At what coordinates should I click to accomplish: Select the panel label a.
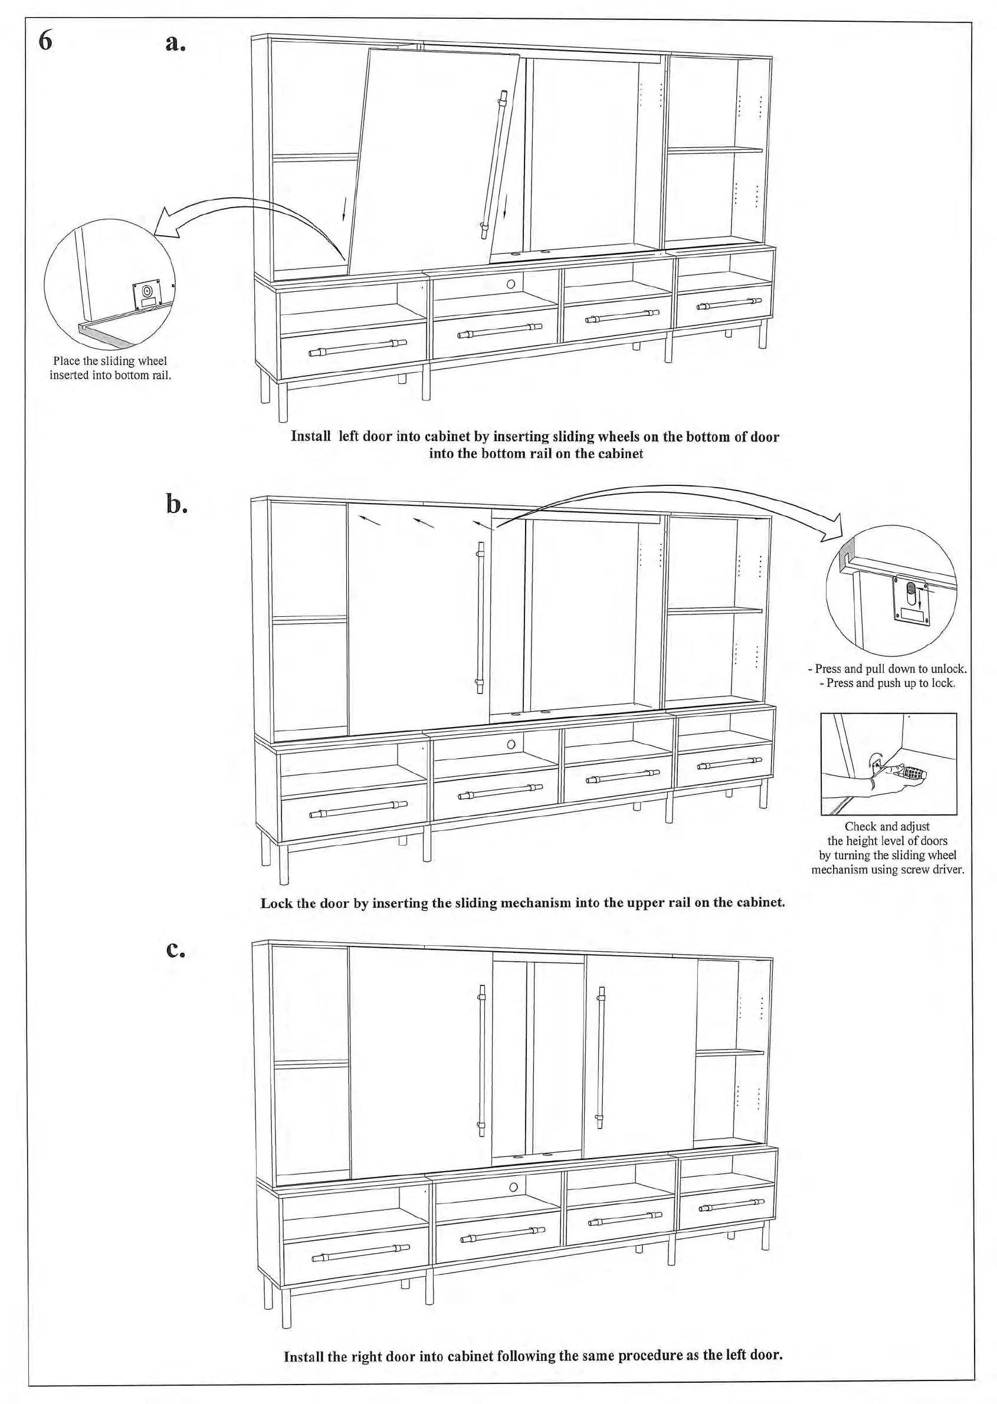coord(175,42)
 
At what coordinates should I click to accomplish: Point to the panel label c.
coord(176,949)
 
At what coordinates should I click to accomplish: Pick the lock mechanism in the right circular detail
coord(911,600)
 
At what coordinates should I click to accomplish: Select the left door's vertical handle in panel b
coord(480,617)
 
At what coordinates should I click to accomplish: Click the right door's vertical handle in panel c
coord(601,1057)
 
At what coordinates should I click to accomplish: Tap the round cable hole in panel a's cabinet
coord(511,284)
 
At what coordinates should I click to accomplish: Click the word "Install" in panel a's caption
coord(311,436)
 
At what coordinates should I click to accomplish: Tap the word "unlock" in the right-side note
coord(950,669)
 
